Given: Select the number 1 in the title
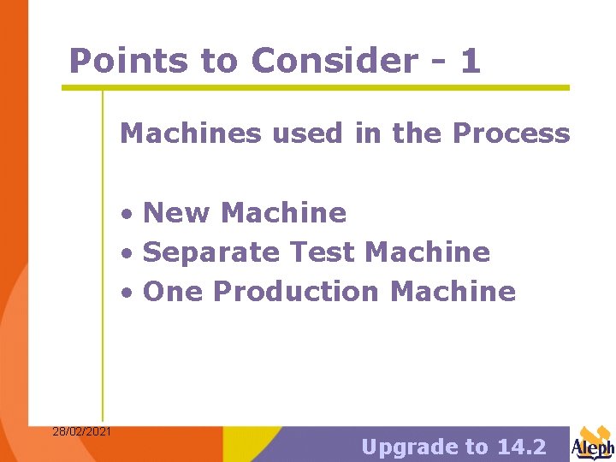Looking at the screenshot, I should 470,61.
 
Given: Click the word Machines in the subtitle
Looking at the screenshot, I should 178,133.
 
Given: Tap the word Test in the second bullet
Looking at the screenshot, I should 323,252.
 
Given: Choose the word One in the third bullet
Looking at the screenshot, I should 174,292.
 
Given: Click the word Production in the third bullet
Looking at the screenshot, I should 296,292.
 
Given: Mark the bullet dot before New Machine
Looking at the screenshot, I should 126,214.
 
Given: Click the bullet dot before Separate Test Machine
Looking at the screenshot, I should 126,254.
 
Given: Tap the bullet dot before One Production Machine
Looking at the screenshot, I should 126,293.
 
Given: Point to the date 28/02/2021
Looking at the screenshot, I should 81,431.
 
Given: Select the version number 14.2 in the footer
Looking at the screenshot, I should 521,447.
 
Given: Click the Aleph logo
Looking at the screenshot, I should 593,443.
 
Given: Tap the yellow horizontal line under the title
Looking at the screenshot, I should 315,87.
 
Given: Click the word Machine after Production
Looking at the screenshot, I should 453,292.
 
